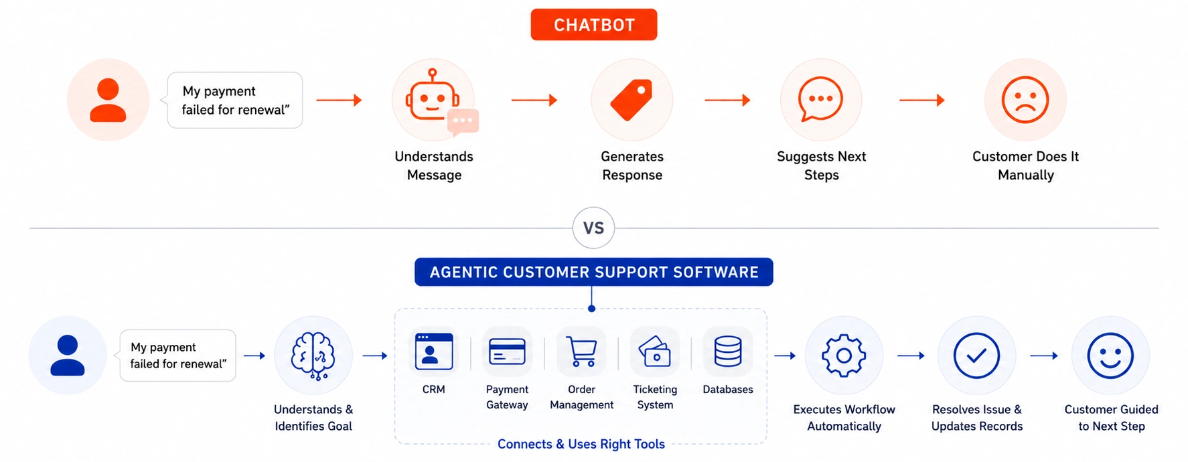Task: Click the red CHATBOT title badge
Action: click(593, 25)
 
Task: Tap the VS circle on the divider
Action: click(593, 228)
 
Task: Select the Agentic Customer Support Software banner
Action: click(593, 272)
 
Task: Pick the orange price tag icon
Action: click(632, 100)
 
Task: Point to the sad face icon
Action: click(1025, 100)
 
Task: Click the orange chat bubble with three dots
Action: click(820, 99)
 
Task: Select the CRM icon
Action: click(434, 352)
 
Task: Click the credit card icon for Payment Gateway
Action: click(507, 352)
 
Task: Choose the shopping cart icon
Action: click(581, 352)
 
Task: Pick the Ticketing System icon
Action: click(655, 352)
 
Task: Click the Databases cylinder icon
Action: click(728, 352)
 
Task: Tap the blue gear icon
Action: click(844, 356)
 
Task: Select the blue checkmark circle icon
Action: click(976, 356)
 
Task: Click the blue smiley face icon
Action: click(1110, 356)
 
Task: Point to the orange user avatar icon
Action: click(108, 100)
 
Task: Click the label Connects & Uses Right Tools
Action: click(581, 444)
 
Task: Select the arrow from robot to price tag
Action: click(534, 100)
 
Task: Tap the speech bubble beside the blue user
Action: click(177, 356)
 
